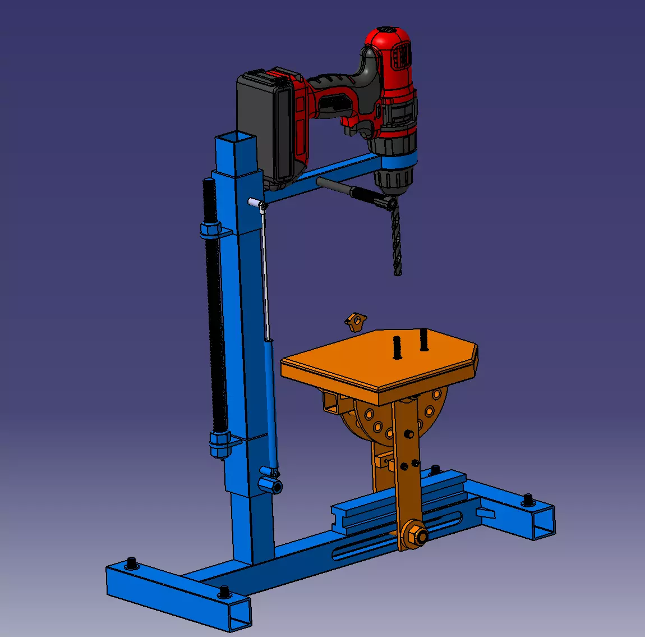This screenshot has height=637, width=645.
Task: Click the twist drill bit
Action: point(397,241)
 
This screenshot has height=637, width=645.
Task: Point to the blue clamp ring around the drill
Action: point(399,159)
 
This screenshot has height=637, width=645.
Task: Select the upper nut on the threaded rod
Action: point(210,230)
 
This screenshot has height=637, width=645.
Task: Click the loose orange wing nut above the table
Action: point(354,322)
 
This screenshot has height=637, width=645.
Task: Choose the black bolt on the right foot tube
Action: point(528,499)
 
